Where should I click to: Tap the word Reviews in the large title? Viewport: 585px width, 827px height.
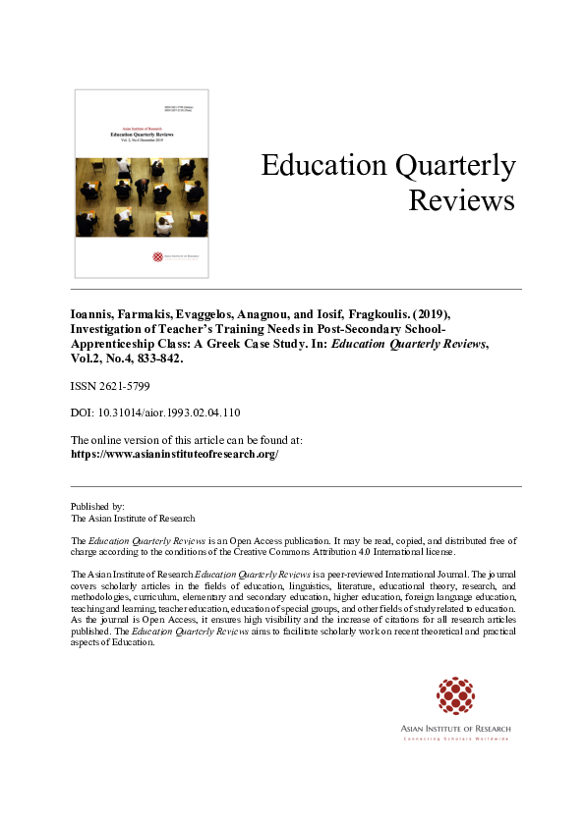point(461,201)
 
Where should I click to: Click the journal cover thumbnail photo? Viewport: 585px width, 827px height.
point(142,197)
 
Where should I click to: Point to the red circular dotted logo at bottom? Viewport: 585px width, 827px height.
point(454,694)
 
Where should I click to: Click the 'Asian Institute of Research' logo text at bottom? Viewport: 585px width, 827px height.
point(454,728)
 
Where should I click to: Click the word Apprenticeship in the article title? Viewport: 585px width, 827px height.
point(113,346)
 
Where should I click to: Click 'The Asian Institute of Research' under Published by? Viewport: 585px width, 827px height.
point(133,518)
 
